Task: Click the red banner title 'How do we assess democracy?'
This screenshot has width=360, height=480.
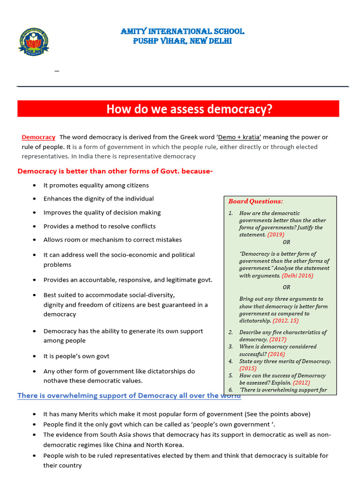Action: [189, 109]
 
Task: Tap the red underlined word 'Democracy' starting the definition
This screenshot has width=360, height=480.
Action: [38, 137]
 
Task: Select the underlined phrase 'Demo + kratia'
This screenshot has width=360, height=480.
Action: [240, 137]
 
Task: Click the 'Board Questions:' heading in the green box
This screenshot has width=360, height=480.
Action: [255, 202]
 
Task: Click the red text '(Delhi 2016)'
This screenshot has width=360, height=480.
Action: [298, 276]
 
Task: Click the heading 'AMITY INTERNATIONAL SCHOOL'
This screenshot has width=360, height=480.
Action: [182, 31]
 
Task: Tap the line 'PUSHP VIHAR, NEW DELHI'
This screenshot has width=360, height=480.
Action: [182, 41]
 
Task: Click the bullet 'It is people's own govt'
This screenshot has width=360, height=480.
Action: [76, 356]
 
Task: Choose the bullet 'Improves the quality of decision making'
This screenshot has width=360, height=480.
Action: [102, 212]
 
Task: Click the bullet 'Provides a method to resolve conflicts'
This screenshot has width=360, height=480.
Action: [99, 226]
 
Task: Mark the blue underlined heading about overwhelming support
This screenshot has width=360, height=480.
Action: [129, 396]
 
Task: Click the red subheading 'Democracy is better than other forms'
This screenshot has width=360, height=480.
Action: [115, 172]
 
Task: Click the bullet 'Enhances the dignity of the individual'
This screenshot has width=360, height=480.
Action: [98, 199]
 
